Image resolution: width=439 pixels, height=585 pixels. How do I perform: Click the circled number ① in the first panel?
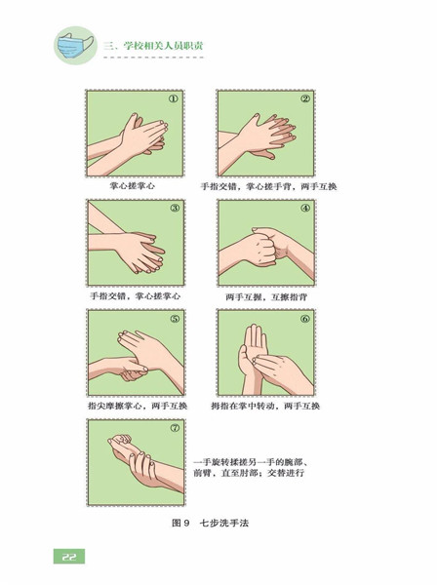[x=174, y=99]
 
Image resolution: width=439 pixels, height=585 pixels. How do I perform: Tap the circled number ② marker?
[x=305, y=98]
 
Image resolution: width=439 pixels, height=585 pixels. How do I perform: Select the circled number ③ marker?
[x=175, y=209]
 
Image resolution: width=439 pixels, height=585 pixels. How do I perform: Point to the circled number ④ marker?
[x=305, y=209]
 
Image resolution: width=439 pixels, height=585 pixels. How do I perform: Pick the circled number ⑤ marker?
[x=175, y=319]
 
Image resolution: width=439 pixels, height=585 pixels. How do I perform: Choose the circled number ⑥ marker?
[x=305, y=319]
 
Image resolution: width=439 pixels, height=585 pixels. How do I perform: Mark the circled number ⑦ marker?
[x=175, y=428]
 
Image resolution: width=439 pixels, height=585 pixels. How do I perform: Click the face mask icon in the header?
[x=75, y=45]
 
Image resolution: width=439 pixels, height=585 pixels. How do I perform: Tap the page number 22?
[x=69, y=557]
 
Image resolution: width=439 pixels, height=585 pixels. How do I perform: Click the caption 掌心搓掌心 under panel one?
[x=132, y=186]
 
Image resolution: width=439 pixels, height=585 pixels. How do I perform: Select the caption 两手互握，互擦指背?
[x=266, y=297]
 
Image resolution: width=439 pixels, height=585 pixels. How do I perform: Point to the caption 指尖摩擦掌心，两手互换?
[x=138, y=406]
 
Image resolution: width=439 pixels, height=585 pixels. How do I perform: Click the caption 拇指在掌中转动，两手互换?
[x=265, y=406]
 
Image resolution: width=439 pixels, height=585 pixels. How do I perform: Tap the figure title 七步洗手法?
[x=224, y=523]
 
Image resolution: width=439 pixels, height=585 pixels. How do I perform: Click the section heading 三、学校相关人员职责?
[x=153, y=46]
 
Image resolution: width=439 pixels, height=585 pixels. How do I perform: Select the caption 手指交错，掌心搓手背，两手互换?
[x=269, y=186]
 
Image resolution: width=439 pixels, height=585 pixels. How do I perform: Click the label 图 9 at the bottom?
[x=181, y=523]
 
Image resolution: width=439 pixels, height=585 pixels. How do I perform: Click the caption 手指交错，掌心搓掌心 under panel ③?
[x=136, y=296]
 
